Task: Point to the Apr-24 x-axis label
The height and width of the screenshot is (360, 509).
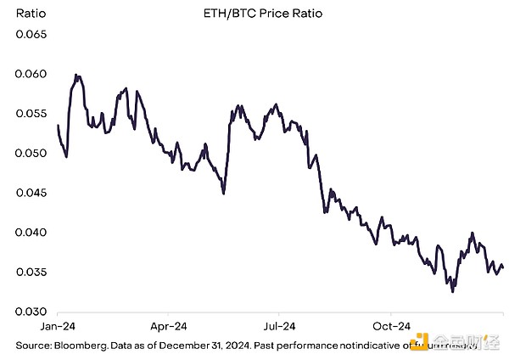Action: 169,326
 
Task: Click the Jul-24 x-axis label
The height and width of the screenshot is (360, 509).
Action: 278,326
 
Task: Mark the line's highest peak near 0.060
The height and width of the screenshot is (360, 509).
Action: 76,75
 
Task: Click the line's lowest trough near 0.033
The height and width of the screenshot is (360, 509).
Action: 452,291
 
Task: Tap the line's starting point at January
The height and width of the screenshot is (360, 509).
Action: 58,126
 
